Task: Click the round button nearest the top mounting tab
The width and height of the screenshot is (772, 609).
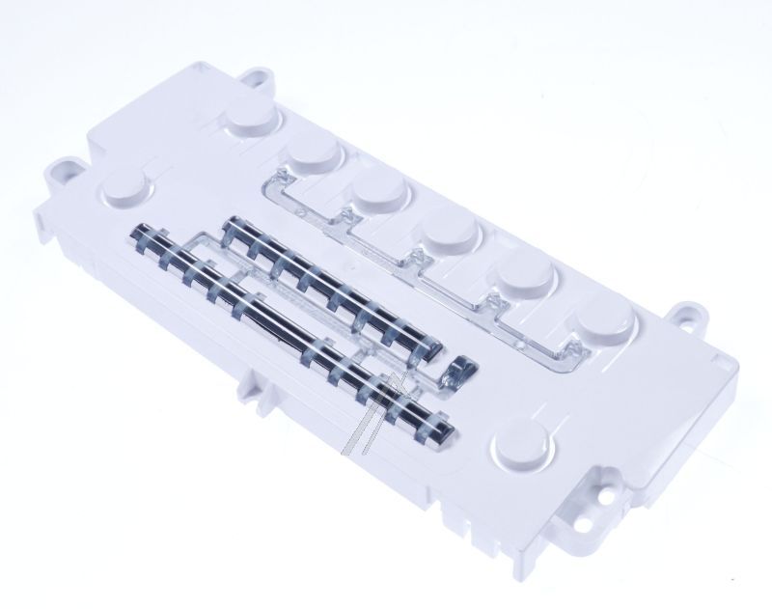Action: tap(255, 123)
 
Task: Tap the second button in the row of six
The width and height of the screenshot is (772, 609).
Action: tap(314, 152)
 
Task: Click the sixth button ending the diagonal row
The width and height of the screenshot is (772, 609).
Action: tap(605, 323)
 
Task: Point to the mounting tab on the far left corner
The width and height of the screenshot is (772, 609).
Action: tap(65, 172)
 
